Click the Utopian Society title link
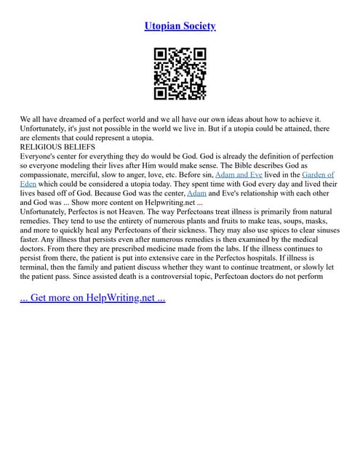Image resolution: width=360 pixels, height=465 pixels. pyautogui.click(x=180, y=26)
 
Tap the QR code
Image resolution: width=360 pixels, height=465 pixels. pyautogui.click(x=180, y=73)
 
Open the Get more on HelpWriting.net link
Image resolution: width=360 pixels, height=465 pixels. pyautogui.click(x=92, y=299)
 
